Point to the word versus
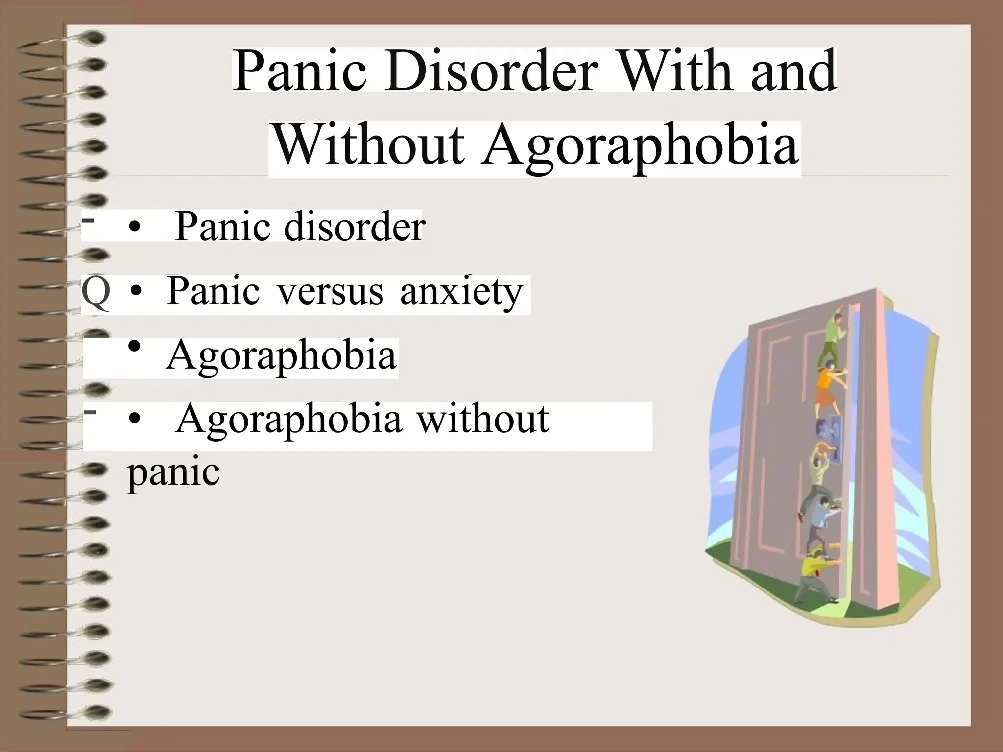pos(330,291)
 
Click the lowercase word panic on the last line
pos(173,472)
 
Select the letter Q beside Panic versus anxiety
pos(96,292)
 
